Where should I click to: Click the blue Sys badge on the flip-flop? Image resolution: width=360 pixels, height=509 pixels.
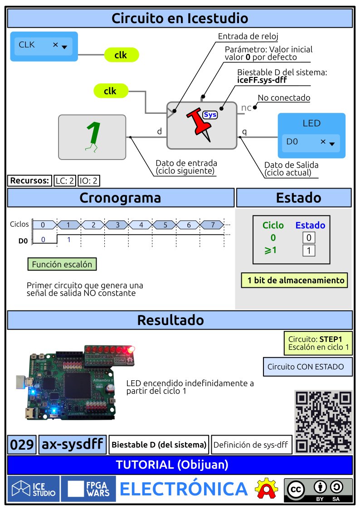coord(210,115)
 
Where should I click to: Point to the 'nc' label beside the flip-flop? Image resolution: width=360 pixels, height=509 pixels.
coord(246,107)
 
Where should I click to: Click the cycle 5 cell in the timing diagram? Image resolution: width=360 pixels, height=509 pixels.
coord(165,224)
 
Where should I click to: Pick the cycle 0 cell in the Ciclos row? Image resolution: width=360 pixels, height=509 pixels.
coord(43,224)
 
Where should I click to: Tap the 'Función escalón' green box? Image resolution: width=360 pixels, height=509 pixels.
coord(62,264)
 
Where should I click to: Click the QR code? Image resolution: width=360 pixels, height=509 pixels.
coord(323,421)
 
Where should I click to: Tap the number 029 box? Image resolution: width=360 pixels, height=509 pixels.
coord(22,445)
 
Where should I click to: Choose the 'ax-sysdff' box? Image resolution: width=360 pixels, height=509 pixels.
coord(73,445)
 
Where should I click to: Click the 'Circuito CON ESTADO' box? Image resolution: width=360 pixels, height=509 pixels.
coord(307,367)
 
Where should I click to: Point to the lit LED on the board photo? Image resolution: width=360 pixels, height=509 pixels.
coord(131,349)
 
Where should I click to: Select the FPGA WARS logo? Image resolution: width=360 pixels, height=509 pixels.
coord(88,489)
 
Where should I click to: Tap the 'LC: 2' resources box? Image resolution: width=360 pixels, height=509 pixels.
coord(65,181)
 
